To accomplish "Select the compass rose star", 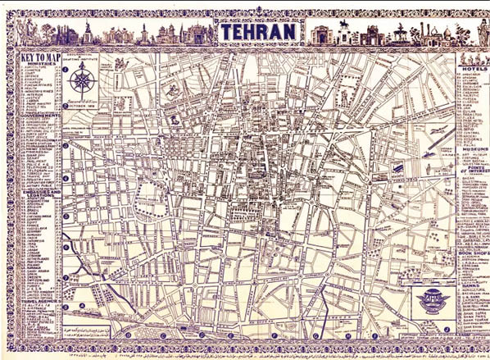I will [x=81, y=80].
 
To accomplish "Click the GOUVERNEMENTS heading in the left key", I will [x=39, y=116].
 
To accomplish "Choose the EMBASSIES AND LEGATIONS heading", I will [x=39, y=191].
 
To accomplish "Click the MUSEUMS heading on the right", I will [x=471, y=149].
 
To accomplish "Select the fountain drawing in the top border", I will [x=400, y=33].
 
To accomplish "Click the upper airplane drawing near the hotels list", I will [x=437, y=131].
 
